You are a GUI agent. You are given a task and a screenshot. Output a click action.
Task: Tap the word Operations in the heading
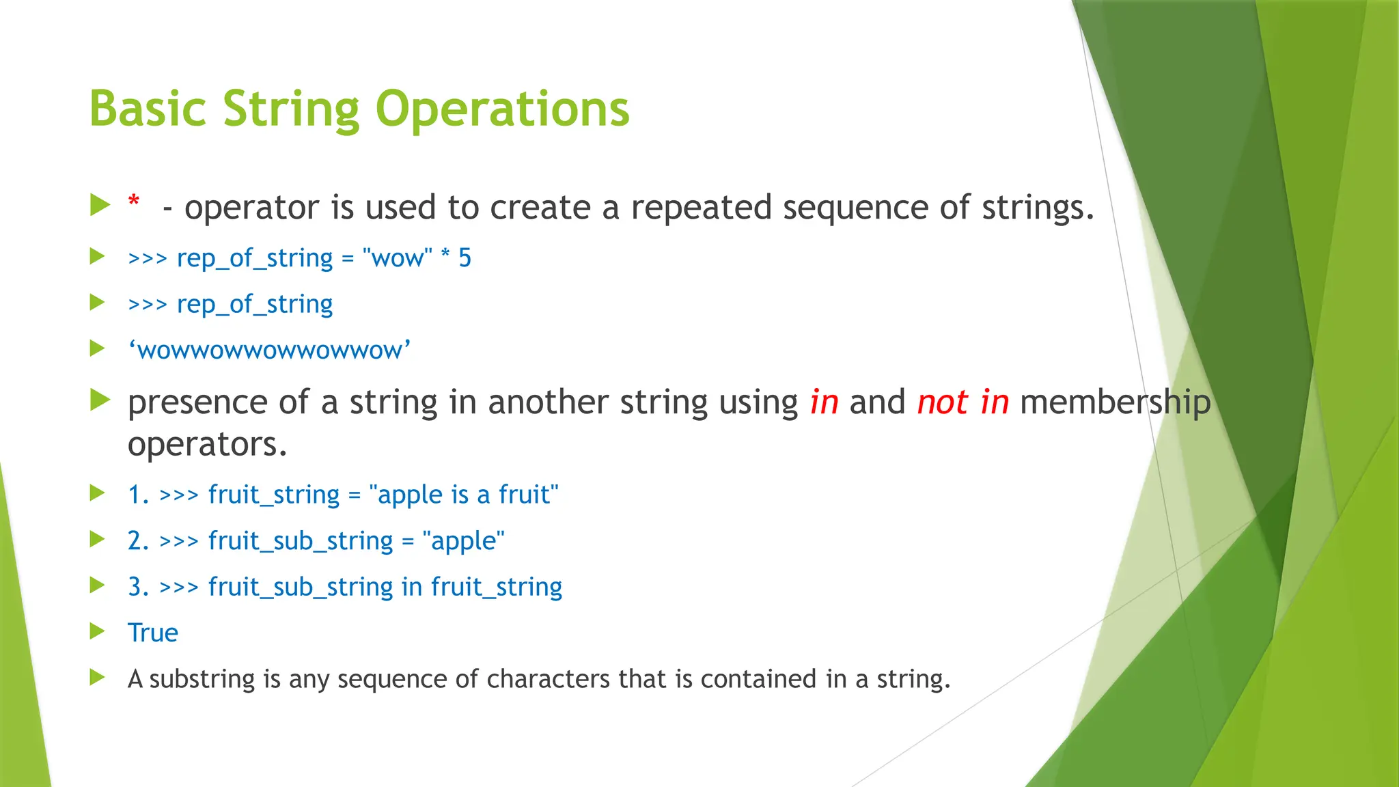pyautogui.click(x=502, y=109)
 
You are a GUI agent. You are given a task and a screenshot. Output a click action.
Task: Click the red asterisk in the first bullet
pyautogui.click(x=134, y=201)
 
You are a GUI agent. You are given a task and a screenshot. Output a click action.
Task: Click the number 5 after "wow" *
pyautogui.click(x=465, y=258)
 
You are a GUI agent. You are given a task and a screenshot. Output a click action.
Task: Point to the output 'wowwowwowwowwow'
pyautogui.click(x=270, y=350)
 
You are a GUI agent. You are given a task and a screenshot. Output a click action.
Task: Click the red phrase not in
pyautogui.click(x=962, y=402)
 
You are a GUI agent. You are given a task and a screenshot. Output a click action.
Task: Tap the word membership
pyautogui.click(x=1115, y=402)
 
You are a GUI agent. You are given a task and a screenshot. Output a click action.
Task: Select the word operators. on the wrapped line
pyautogui.click(x=207, y=445)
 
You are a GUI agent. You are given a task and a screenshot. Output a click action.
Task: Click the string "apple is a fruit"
pyautogui.click(x=464, y=495)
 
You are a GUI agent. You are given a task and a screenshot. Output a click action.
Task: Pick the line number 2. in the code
pyautogui.click(x=138, y=541)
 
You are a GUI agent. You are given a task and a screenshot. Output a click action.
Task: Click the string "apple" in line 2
pyautogui.click(x=463, y=541)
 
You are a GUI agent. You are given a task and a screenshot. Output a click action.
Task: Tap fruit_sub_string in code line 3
pyautogui.click(x=301, y=587)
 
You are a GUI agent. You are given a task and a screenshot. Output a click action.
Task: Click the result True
pyautogui.click(x=153, y=633)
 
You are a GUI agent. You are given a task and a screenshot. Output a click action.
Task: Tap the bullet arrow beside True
pyautogui.click(x=98, y=632)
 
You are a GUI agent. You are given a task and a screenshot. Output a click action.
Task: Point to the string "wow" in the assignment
pyautogui.click(x=398, y=258)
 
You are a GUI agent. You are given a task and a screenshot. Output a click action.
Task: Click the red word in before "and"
pyautogui.click(x=824, y=402)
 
